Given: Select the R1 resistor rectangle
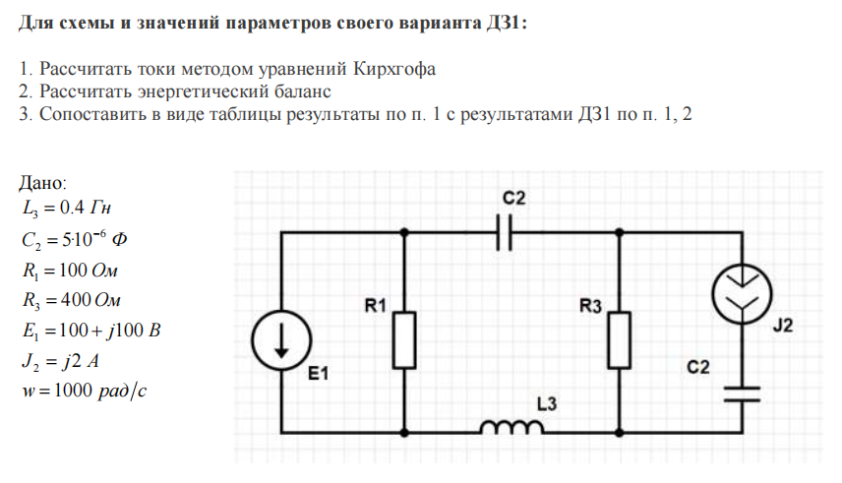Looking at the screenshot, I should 405,340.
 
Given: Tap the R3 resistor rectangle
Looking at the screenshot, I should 620,340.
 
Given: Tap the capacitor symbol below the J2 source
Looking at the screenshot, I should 740,393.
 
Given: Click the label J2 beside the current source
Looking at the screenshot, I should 782,327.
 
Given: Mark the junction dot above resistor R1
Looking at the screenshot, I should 405,233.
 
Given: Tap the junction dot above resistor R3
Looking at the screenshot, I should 620,233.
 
